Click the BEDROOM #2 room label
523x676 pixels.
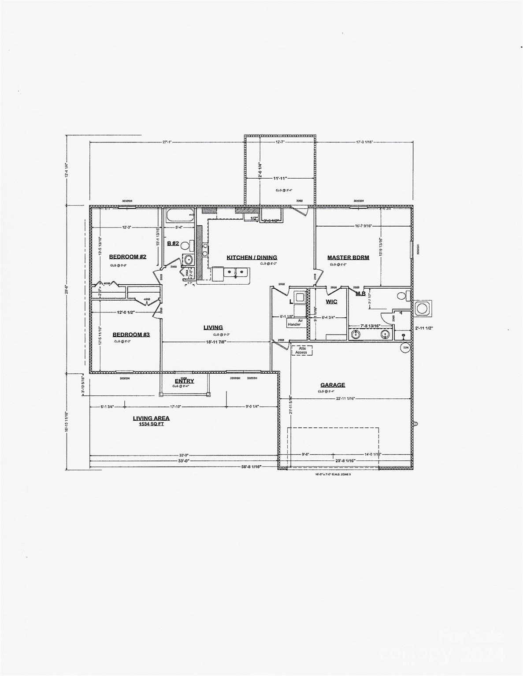click(x=127, y=257)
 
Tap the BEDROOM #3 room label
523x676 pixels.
click(x=131, y=334)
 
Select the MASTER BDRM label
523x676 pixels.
click(x=348, y=257)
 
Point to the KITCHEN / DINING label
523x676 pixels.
click(x=252, y=257)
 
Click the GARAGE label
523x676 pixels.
click(x=333, y=385)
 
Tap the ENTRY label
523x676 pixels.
click(x=184, y=381)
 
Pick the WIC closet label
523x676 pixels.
click(x=331, y=301)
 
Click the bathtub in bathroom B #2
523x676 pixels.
click(x=180, y=216)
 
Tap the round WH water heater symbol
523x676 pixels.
click(x=404, y=348)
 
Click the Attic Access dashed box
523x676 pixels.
click(x=302, y=350)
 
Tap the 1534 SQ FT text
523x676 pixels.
click(x=151, y=424)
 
